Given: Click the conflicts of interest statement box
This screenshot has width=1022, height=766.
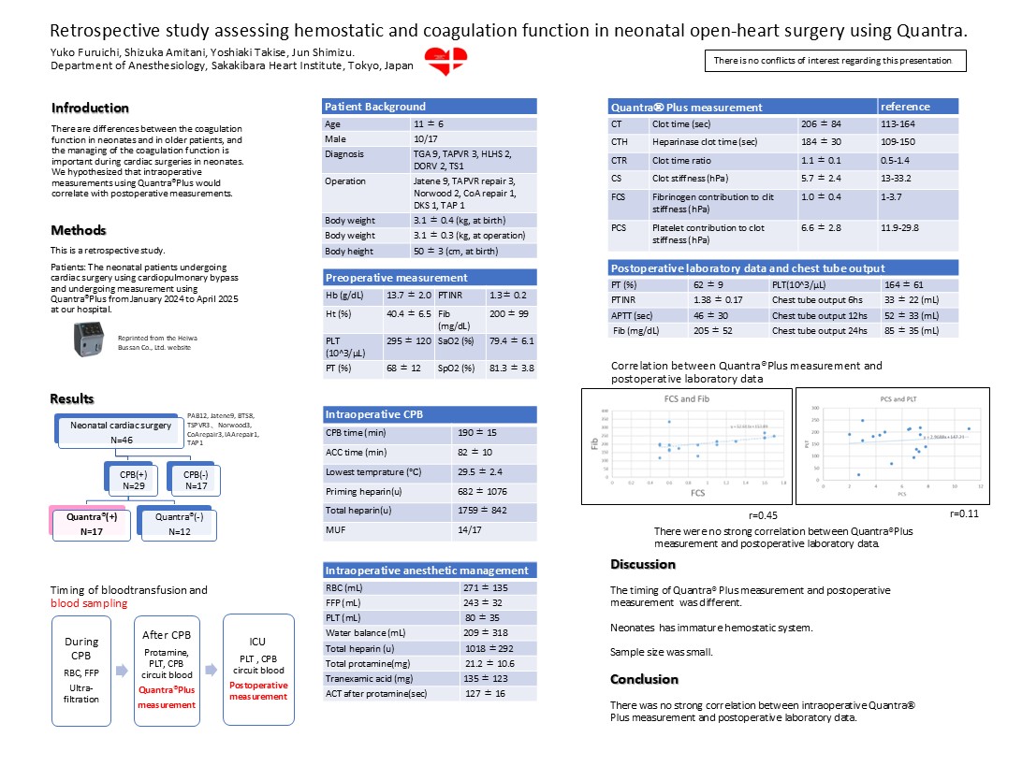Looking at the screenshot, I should (835, 61).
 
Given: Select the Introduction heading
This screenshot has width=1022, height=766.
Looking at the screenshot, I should (90, 108).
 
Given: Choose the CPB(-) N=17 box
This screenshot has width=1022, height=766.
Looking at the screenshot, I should (197, 480).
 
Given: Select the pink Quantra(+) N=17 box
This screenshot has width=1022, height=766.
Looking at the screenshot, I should (85, 525).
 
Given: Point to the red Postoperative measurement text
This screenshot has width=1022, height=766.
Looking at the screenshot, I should (259, 691).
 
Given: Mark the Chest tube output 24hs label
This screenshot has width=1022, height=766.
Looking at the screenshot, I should (813, 330).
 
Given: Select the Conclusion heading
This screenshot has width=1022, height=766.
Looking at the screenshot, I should (644, 679).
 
